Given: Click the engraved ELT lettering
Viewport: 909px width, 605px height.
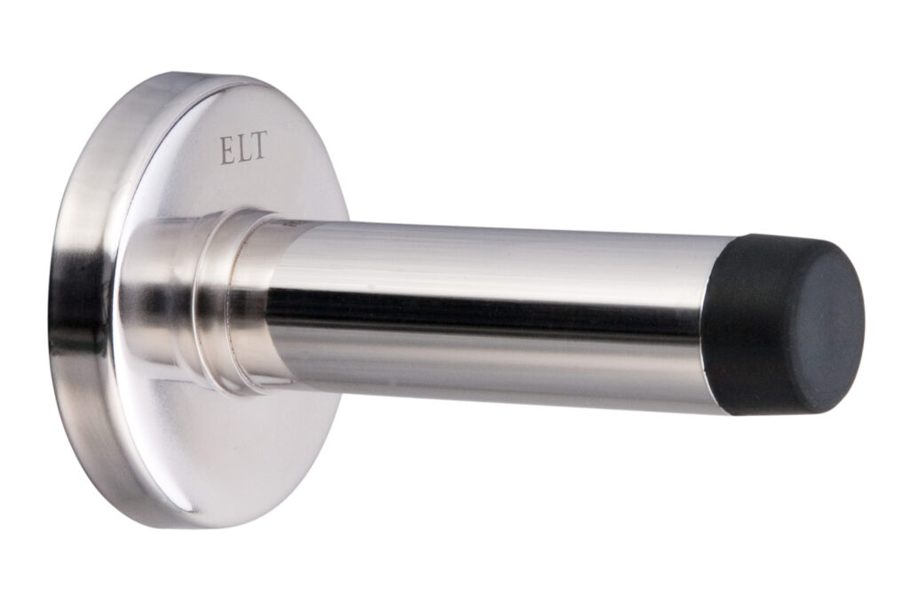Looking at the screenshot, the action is pos(243,147).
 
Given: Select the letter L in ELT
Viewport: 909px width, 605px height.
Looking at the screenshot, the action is pos(242,148).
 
